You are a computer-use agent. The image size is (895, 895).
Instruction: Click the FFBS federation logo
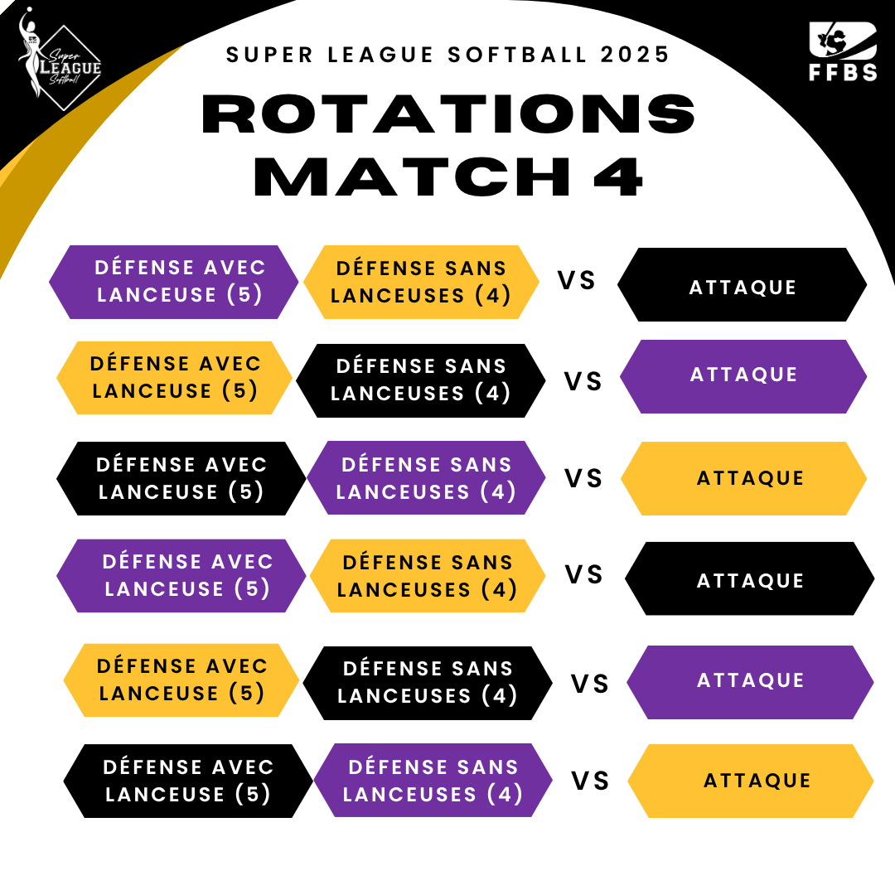pyautogui.click(x=843, y=51)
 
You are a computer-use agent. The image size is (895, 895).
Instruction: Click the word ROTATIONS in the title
pyautogui.click(x=448, y=114)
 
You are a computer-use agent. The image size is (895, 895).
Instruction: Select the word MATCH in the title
pyautogui.click(x=412, y=177)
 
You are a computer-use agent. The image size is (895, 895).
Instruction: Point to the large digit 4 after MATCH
pyautogui.click(x=619, y=177)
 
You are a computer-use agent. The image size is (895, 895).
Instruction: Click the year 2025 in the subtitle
pyautogui.click(x=635, y=55)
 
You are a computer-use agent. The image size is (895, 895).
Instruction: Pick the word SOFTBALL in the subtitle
pyautogui.click(x=517, y=55)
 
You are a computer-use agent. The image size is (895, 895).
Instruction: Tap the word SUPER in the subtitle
pyautogui.click(x=269, y=55)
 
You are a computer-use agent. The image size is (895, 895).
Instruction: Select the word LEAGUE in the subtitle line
pyautogui.click(x=380, y=55)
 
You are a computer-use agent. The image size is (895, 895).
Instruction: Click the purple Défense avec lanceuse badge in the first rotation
pyautogui.click(x=173, y=282)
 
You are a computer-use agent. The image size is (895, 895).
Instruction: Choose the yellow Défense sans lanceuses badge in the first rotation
pyautogui.click(x=421, y=282)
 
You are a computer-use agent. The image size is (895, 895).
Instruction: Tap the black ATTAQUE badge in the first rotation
pyautogui.click(x=742, y=284)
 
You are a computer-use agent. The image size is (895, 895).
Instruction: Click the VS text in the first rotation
pyautogui.click(x=577, y=280)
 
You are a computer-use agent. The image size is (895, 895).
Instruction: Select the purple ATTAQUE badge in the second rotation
pyautogui.click(x=743, y=377)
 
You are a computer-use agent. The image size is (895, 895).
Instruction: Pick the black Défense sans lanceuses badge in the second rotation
pyautogui.click(x=421, y=380)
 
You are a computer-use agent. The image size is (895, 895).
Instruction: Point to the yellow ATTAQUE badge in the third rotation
pyautogui.click(x=743, y=478)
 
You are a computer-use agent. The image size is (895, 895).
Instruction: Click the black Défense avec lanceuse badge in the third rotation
pyautogui.click(x=181, y=478)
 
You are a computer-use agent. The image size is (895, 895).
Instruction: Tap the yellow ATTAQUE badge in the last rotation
pyautogui.click(x=751, y=781)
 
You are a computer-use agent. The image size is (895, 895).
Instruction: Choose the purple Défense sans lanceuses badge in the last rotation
pyautogui.click(x=433, y=781)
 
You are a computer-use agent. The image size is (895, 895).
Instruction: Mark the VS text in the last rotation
pyautogui.click(x=590, y=781)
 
